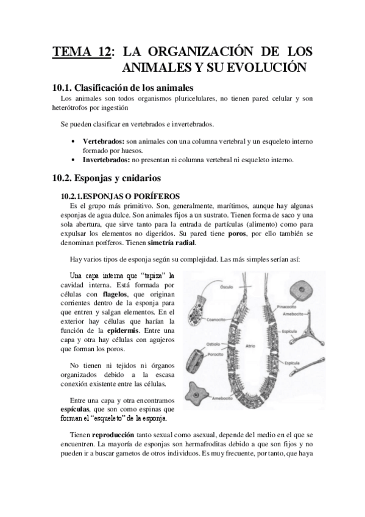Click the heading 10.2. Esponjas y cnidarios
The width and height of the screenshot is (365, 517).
pos(106,179)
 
